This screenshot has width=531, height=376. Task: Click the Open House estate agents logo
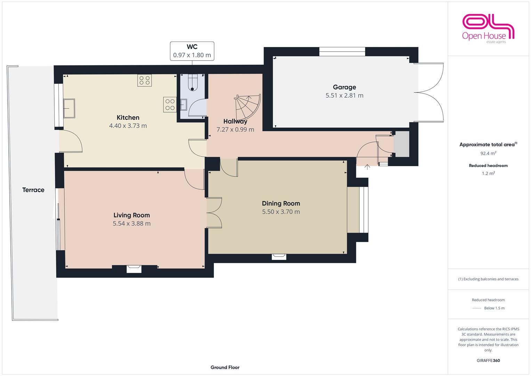coord(488,29)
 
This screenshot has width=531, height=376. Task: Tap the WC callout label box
coord(192,51)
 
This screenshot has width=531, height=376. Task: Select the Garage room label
coord(344,87)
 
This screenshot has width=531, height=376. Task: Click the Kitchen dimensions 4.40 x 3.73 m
coord(128,126)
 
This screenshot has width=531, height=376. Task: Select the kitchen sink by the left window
coord(69,108)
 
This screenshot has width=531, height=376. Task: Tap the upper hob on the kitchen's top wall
coord(144,81)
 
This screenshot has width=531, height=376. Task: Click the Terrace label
coord(33,190)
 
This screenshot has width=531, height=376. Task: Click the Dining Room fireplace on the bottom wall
coord(279,257)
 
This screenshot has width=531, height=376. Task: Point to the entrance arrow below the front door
coord(367,167)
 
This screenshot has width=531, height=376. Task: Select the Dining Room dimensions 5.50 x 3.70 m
coord(281,212)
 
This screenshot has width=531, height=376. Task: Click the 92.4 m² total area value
coord(488,153)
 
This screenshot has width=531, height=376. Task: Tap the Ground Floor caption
coord(225,367)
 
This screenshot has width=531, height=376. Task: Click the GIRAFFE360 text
coord(488,360)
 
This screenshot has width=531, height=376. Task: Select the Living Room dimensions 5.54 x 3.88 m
coord(131,224)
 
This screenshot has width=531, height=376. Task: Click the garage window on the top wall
coord(342,52)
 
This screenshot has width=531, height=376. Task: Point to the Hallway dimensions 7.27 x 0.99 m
coord(235,130)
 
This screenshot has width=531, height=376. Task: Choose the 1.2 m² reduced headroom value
coord(488,173)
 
